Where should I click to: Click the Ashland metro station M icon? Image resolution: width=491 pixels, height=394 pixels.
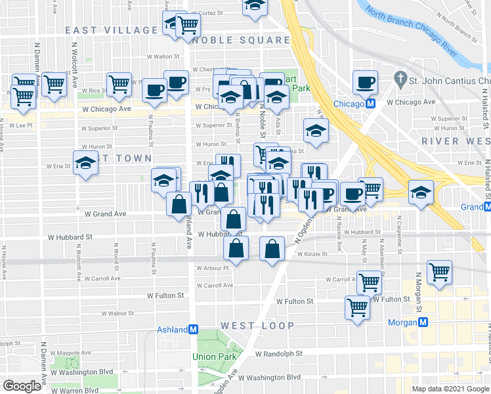tap(193, 330)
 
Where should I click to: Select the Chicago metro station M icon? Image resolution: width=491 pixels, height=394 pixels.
tap(371, 104)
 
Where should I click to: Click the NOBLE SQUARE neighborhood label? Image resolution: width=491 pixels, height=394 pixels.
tap(242, 40)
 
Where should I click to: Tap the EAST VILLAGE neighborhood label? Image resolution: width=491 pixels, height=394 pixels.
tap(112, 30)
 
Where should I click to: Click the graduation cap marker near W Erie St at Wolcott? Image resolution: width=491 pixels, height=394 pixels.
tap(85, 162)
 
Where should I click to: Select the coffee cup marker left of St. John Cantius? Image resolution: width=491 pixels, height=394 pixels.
tap(365, 82)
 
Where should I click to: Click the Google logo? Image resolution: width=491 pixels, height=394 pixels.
tap(22, 385)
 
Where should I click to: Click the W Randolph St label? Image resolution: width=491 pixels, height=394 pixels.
tap(279, 353)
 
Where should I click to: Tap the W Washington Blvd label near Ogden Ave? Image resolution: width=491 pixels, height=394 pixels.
tap(269, 378)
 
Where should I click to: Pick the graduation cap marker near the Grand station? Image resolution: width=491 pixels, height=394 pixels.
tap(421, 192)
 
